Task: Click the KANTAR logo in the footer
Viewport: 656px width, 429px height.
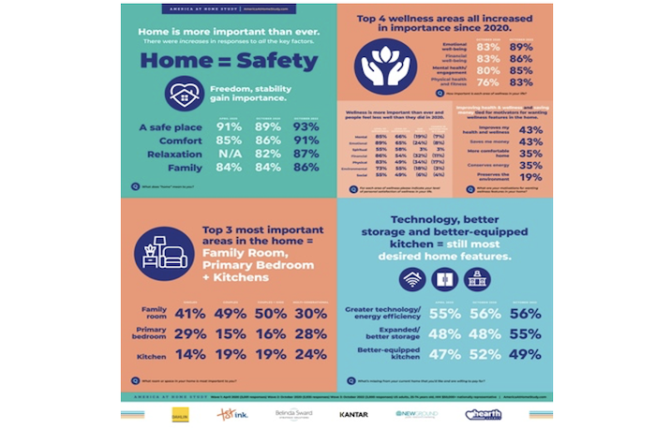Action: click(x=352, y=413)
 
